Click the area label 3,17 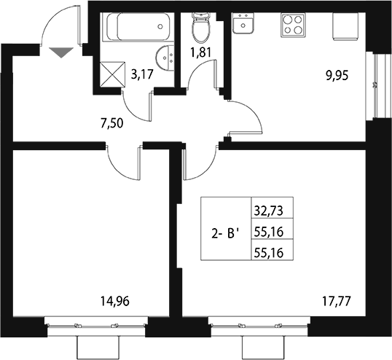[142, 72]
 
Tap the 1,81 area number [200, 52]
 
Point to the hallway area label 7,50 [110, 122]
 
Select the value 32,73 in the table [267, 212]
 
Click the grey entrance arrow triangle [61, 51]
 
